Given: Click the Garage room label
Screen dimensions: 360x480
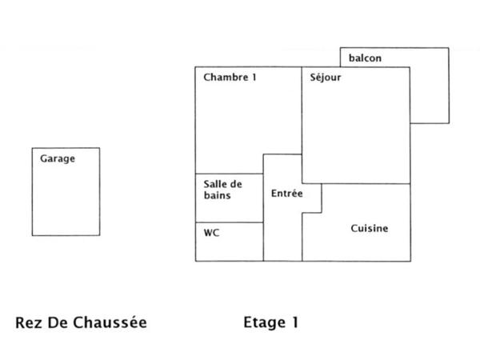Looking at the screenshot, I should pos(58,158).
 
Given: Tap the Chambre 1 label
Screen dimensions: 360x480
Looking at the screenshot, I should pos(230,78).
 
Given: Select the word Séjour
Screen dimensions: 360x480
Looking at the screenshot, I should pos(326,78).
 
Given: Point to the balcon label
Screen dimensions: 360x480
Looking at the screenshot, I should pos(366,58).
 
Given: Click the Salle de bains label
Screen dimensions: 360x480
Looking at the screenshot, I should pos(222,189).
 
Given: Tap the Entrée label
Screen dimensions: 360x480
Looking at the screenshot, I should pos(286,194).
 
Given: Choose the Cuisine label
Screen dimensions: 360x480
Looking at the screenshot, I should pos(370,228).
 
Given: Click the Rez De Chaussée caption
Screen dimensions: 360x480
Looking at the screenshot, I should pos(82,323).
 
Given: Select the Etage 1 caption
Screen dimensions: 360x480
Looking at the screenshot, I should pos(270,323).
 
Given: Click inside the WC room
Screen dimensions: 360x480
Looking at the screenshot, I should pos(230,246).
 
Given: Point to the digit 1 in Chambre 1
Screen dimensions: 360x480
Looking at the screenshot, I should pos(254,78).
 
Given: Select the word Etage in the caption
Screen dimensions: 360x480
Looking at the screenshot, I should pos(263,323).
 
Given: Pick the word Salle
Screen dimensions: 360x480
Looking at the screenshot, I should pos(214,183).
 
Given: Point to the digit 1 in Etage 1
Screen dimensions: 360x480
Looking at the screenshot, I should pos(294,323).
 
